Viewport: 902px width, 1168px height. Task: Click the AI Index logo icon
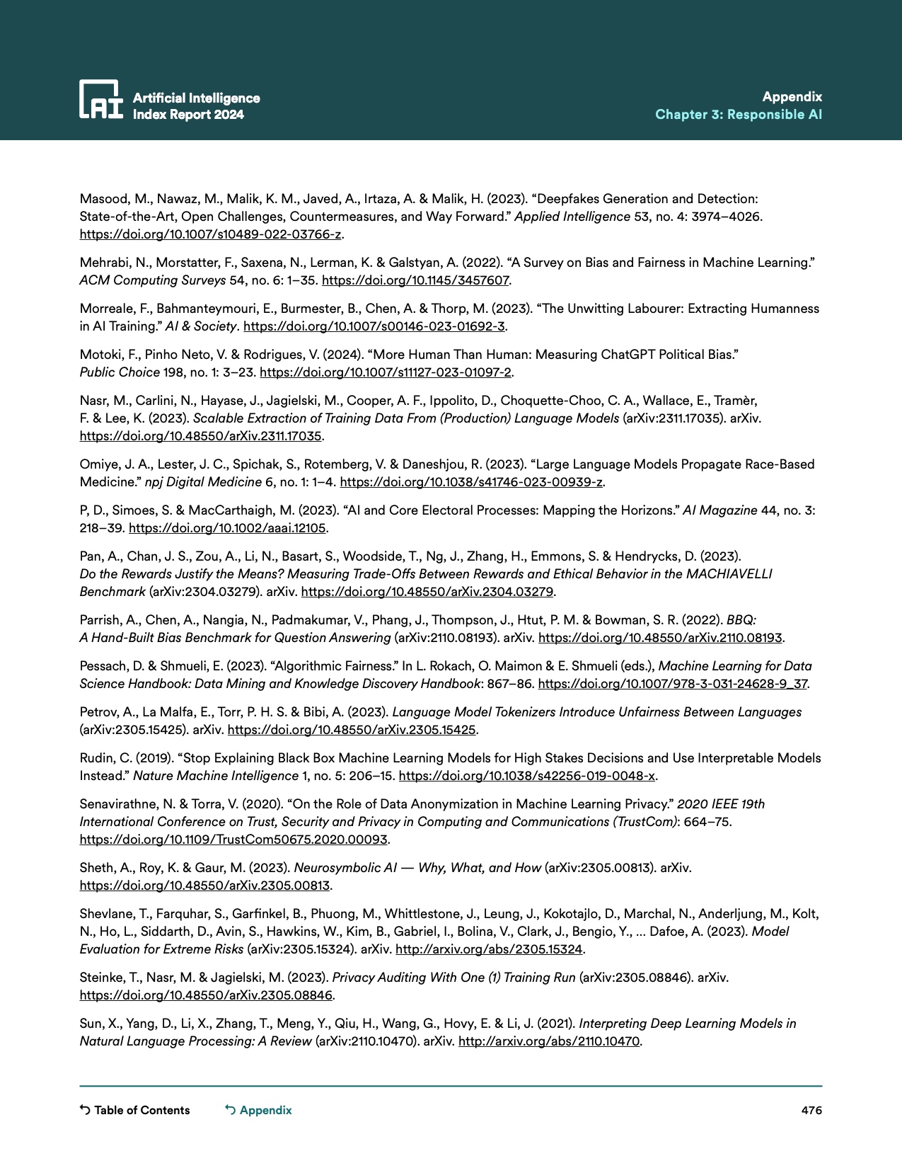(x=100, y=98)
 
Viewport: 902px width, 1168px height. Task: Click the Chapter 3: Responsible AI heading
(x=738, y=115)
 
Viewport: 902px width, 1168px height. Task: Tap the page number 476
(x=811, y=1110)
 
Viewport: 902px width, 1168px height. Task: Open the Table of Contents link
(x=135, y=1110)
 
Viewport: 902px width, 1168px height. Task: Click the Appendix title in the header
(x=792, y=97)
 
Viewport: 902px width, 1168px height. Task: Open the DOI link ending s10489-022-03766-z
(x=210, y=234)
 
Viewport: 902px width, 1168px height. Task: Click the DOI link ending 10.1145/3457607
(x=415, y=280)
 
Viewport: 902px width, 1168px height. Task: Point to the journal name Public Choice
(x=120, y=372)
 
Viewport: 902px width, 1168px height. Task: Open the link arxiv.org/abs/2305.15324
(x=489, y=949)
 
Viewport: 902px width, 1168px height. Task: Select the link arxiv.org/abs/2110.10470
(x=549, y=1041)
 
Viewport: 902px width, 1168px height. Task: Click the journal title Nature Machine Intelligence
(x=216, y=776)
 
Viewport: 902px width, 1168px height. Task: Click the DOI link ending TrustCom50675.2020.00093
(x=233, y=840)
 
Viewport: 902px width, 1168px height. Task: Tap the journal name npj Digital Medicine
(x=203, y=482)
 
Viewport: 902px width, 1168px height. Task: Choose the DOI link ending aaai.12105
(x=227, y=528)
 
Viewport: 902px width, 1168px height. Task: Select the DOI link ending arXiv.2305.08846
(x=206, y=995)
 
